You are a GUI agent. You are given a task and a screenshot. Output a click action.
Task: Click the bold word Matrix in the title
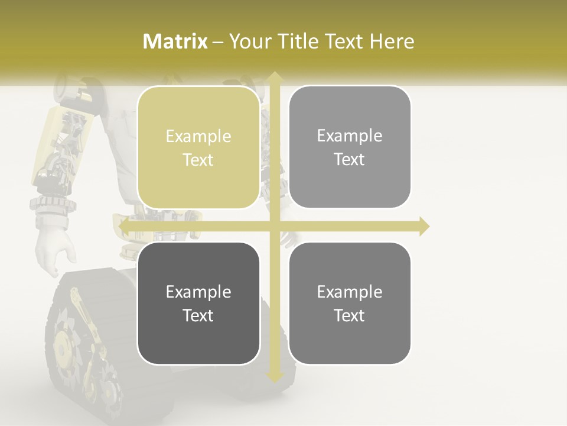pyautogui.click(x=175, y=41)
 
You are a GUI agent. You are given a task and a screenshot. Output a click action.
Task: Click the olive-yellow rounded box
pyautogui.click(x=198, y=148)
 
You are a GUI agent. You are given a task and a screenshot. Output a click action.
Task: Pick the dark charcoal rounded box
pyautogui.click(x=198, y=303)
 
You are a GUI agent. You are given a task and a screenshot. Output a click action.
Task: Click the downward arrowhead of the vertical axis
pyautogui.click(x=274, y=377)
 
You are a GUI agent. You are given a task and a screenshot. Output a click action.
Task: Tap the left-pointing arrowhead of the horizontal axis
pyautogui.click(x=124, y=227)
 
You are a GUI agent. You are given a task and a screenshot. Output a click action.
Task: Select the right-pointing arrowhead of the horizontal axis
pyautogui.click(x=423, y=227)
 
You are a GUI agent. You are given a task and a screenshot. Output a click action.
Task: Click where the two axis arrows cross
pyautogui.click(x=274, y=227)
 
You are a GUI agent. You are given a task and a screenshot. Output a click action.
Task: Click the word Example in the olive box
pyautogui.click(x=198, y=137)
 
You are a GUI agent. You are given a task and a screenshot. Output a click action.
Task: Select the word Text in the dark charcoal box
pyautogui.click(x=198, y=315)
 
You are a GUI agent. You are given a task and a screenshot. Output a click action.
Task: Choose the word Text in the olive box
pyautogui.click(x=198, y=160)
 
